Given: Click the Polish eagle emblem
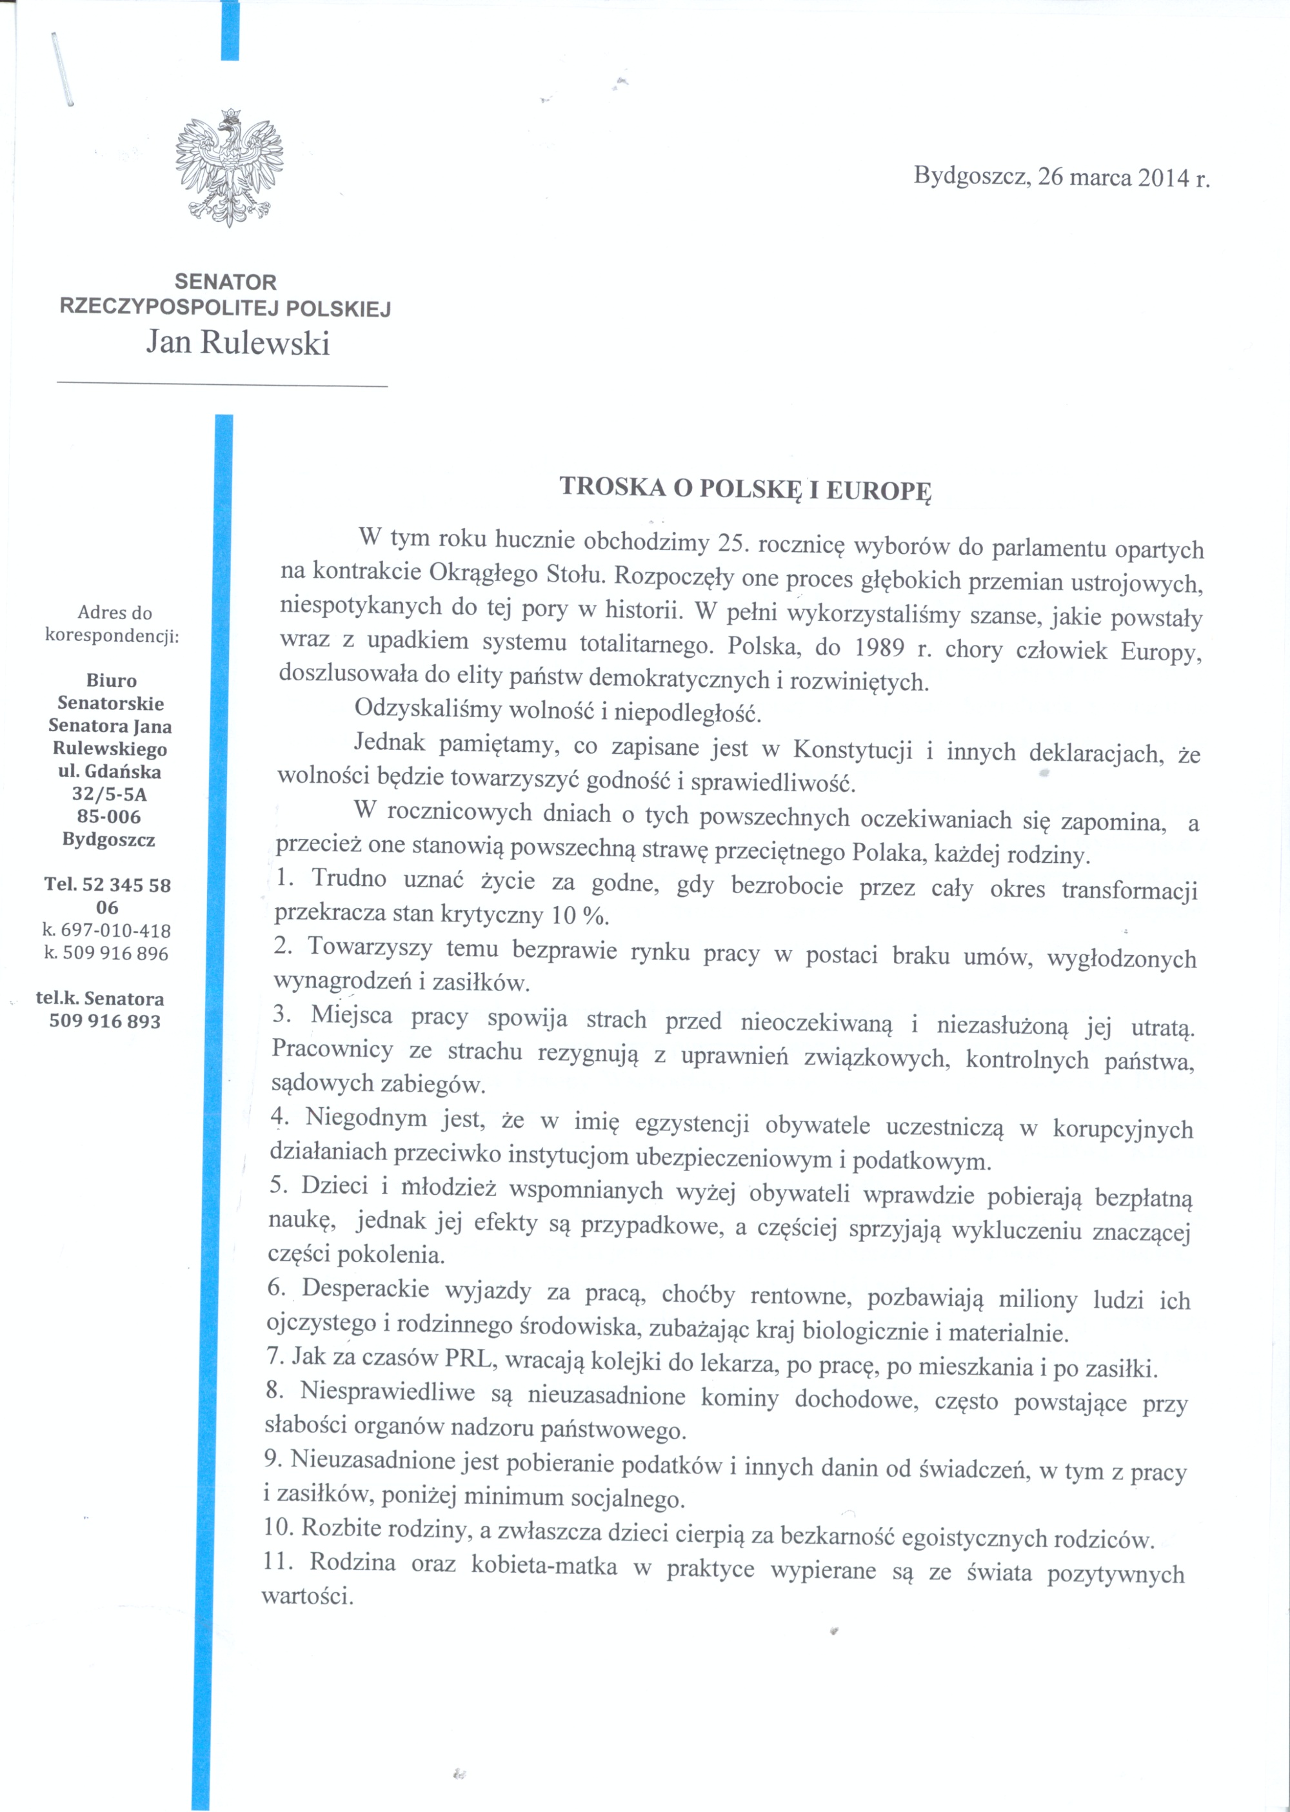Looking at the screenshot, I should pos(230,168).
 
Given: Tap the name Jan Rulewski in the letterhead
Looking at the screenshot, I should pos(237,343).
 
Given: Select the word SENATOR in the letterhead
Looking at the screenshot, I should pos(226,282).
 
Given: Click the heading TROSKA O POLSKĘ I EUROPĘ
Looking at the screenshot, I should pos(746,488).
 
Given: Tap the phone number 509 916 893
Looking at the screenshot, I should pos(105,1021).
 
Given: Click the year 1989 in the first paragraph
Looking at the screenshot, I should pos(881,648).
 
